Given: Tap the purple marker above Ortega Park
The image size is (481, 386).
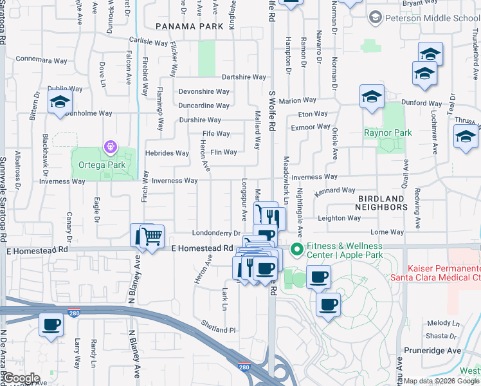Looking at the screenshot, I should coord(110,147).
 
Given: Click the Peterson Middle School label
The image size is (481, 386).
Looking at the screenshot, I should coord(431,18).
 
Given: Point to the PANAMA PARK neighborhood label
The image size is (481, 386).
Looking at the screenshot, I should coord(189,26).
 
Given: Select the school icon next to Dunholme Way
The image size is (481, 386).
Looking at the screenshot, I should coord(60,102).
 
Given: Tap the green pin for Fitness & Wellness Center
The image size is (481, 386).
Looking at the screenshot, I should coord(296,248).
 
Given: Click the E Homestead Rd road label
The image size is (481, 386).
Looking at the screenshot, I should coord(202,248).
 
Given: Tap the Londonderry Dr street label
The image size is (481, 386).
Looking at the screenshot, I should coord(206,234).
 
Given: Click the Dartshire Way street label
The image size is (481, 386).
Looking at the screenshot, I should coord(244,77).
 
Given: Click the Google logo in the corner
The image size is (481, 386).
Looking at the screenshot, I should coord(21,378).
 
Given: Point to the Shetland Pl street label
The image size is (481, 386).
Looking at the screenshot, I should coord(219,329).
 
